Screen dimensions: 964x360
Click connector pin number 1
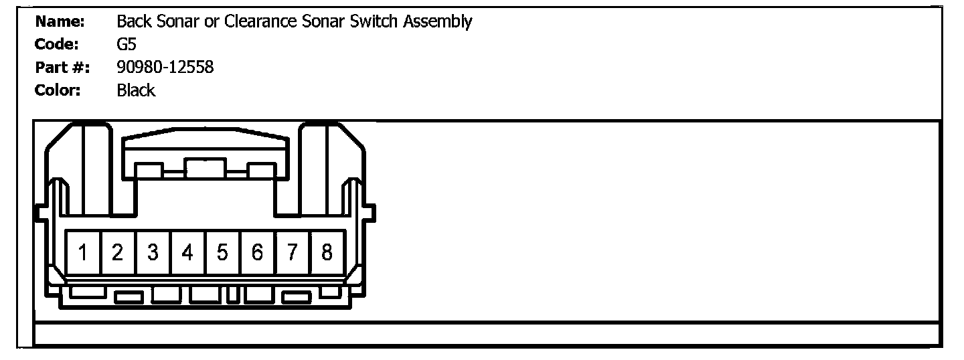[x=83, y=253]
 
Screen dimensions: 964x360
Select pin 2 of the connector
[x=118, y=253]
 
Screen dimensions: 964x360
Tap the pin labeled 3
[x=153, y=253]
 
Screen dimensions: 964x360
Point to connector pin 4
[x=187, y=253]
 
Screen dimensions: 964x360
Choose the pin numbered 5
[x=222, y=253]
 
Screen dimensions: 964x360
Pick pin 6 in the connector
[x=257, y=253]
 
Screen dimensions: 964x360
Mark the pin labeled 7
[x=292, y=253]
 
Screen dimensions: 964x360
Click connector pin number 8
[x=327, y=253]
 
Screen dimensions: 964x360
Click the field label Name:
[x=60, y=22]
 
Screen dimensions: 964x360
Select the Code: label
[x=57, y=45]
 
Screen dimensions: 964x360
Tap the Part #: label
[x=62, y=68]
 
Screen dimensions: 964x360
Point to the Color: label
[x=58, y=90]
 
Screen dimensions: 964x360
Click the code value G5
[x=127, y=45]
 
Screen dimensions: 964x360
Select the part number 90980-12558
[x=165, y=68]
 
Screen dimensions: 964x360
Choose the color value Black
[x=136, y=90]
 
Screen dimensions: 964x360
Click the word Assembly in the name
[x=437, y=22]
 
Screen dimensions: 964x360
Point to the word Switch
[x=377, y=22]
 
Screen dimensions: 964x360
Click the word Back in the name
[x=133, y=22]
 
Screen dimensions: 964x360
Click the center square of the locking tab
[x=206, y=169]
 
